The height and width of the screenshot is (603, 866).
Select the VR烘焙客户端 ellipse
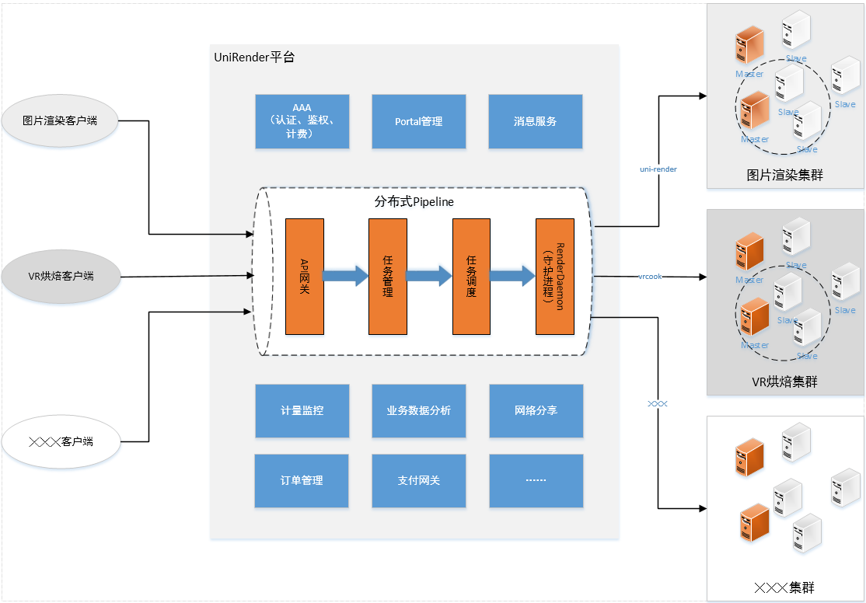[x=60, y=276]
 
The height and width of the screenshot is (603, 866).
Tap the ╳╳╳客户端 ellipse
[x=60, y=441]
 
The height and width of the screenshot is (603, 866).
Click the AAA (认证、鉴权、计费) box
[x=302, y=121]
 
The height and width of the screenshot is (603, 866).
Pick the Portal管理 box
[x=418, y=121]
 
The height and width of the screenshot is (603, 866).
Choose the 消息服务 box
[x=535, y=121]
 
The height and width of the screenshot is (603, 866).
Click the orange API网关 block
[x=305, y=276]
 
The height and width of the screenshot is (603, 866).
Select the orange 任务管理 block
[x=388, y=276]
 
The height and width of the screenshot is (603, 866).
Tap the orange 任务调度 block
[x=471, y=276]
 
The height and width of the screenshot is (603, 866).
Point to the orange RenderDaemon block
[x=555, y=276]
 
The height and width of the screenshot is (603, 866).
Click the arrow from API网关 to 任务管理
[x=346, y=275]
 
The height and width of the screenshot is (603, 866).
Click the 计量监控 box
[x=302, y=410]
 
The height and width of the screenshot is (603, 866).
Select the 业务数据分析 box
[x=418, y=410]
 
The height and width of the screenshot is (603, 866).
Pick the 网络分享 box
[x=536, y=410]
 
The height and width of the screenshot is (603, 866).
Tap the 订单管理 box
[x=302, y=480]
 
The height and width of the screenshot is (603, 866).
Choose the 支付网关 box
[x=418, y=480]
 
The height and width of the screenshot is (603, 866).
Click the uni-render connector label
[x=658, y=169]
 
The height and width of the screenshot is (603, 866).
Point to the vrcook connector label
[x=650, y=276]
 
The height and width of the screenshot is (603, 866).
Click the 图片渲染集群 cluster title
[x=784, y=175]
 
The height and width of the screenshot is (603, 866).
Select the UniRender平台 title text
[x=254, y=58]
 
